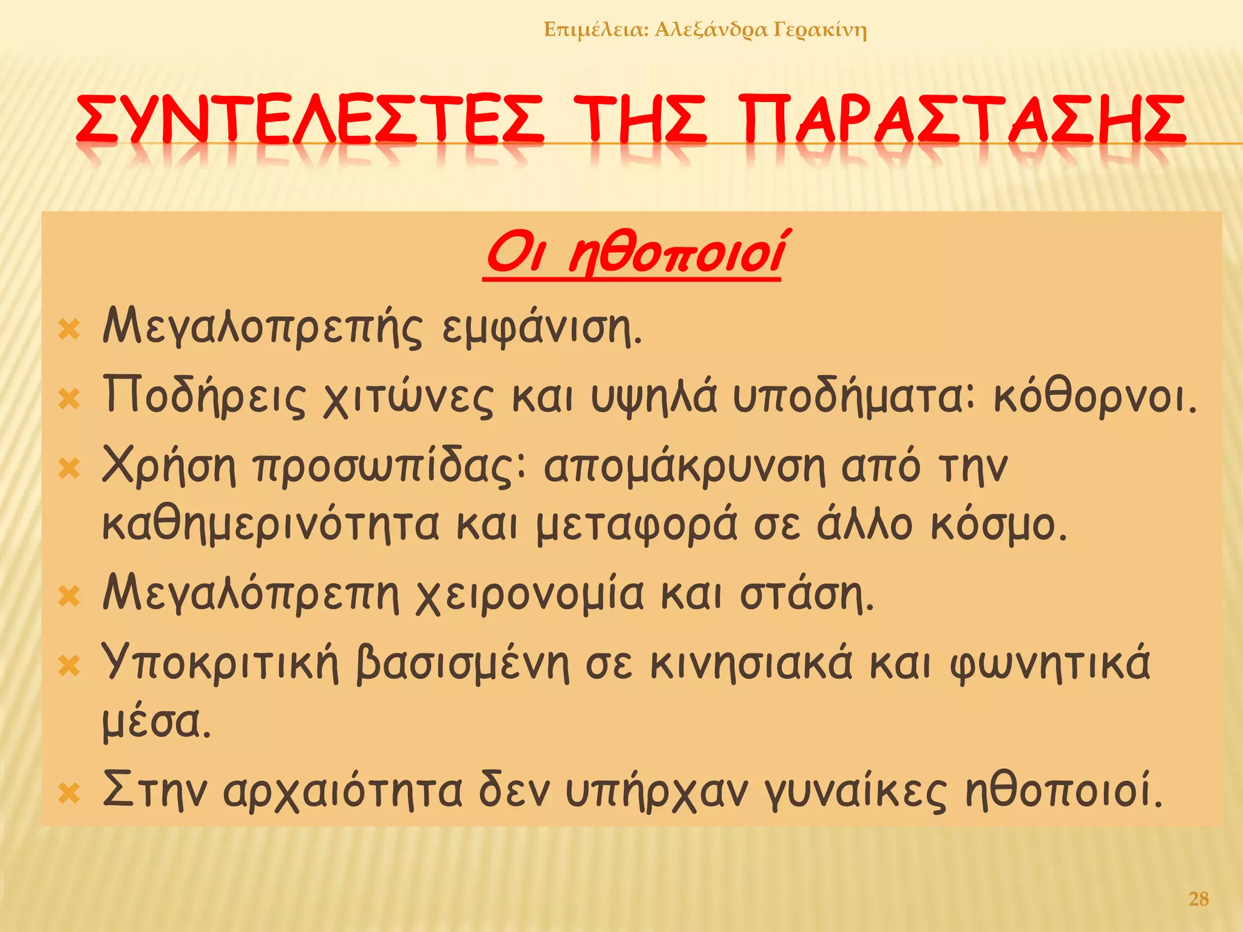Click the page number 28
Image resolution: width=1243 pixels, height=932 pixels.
click(x=1198, y=899)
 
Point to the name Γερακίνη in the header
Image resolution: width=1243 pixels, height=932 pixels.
click(x=819, y=30)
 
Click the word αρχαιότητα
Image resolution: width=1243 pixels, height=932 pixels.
click(x=342, y=792)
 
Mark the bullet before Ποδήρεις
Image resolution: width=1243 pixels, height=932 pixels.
click(x=69, y=399)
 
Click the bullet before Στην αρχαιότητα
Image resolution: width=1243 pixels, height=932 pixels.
click(x=69, y=793)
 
